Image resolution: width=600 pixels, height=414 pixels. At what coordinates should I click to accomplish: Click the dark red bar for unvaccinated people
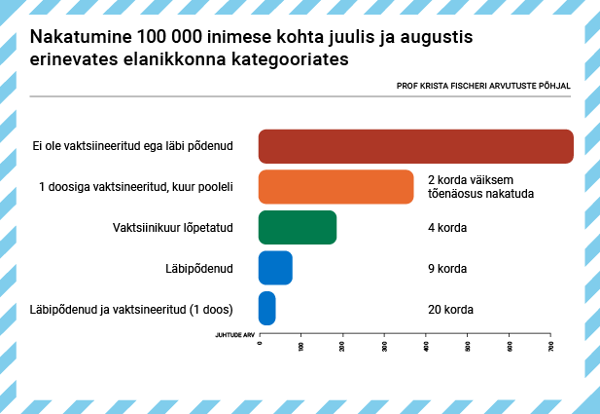415,146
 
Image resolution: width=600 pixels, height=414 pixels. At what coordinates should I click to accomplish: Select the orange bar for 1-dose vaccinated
335,187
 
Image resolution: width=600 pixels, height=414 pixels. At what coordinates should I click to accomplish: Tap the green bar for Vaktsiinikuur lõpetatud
297,227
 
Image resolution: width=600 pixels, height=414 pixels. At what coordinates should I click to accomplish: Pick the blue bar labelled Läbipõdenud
275,268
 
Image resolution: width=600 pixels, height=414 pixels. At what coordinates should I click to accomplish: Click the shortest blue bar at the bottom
266,309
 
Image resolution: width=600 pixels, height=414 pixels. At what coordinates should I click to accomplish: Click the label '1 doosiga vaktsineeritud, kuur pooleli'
135,187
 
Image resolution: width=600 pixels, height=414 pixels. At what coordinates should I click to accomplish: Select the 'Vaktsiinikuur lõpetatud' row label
173,228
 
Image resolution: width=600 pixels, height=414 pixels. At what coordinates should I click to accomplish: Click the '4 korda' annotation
447,228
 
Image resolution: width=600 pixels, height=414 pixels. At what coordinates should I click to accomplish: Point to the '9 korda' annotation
447,269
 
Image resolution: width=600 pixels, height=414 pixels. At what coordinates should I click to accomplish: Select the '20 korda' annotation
450,310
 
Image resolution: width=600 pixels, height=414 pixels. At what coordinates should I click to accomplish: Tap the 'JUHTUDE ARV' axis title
233,333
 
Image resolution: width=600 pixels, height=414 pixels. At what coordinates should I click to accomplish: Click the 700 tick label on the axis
551,346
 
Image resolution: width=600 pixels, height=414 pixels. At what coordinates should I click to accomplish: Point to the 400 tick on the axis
427,346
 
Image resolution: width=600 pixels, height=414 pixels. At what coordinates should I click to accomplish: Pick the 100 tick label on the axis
301,346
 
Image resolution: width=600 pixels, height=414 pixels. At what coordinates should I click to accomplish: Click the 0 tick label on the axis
260,344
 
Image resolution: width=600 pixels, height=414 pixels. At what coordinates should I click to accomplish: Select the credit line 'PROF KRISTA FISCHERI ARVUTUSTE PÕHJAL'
483,86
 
